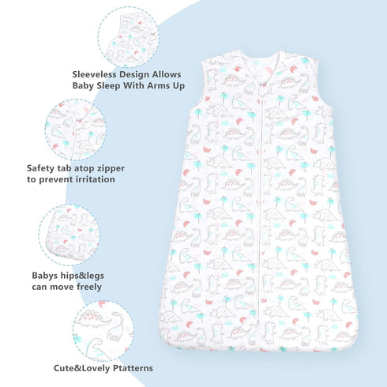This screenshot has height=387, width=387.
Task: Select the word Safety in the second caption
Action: tap(40, 168)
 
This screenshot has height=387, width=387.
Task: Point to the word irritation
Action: tap(96, 179)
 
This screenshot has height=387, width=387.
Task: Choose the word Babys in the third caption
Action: tap(45, 276)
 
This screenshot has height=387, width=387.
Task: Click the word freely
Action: tap(89, 287)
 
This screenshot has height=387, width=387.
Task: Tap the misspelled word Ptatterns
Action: tap(133, 368)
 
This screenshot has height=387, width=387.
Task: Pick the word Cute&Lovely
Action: tap(82, 368)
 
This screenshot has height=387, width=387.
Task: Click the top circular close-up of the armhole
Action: tap(129, 37)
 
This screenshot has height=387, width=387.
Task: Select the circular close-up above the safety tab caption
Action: tap(76, 130)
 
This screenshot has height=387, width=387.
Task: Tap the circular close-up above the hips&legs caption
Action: tap(70, 235)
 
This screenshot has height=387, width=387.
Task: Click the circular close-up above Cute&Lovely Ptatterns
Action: tap(103, 331)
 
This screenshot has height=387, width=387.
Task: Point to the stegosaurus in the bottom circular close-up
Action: tap(92, 319)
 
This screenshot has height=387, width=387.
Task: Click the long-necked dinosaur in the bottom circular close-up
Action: tap(116, 326)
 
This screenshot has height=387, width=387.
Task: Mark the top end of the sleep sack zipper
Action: tap(261, 85)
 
